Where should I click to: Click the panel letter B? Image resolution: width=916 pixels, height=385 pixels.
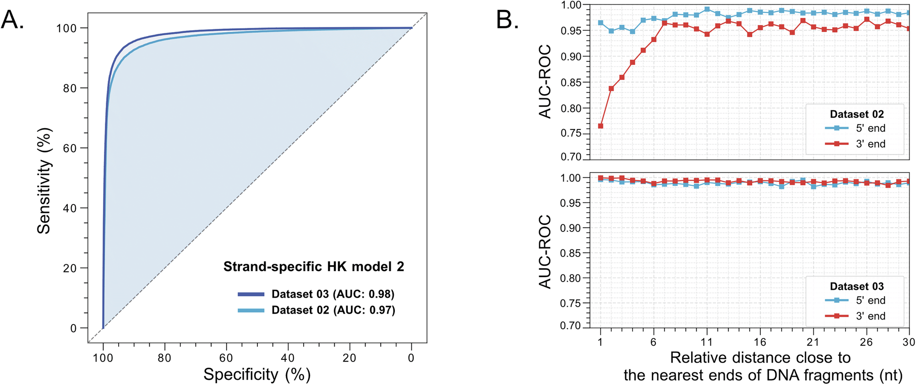507,20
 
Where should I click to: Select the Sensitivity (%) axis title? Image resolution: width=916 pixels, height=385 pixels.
44,181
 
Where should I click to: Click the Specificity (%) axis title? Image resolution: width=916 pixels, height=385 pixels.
257,374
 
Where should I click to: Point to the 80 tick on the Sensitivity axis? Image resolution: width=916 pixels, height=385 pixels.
70,88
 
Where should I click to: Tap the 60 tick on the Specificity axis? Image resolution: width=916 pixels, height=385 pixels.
226,358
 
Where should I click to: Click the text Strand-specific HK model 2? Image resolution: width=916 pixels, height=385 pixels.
314,267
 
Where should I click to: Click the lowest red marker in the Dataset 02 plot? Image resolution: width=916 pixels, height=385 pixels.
600,126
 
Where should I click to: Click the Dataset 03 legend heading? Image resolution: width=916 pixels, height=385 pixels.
856,286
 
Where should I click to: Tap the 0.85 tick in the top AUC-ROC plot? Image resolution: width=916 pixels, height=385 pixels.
571,83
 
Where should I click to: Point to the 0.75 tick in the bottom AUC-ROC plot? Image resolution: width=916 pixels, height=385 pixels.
571,303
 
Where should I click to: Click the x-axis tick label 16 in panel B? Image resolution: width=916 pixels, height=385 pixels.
760,342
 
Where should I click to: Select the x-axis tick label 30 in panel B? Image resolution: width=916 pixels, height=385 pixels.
909,342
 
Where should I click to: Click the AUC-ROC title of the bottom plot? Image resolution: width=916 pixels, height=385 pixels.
545,252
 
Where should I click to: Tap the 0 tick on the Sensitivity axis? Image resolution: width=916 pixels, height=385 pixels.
73,328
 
